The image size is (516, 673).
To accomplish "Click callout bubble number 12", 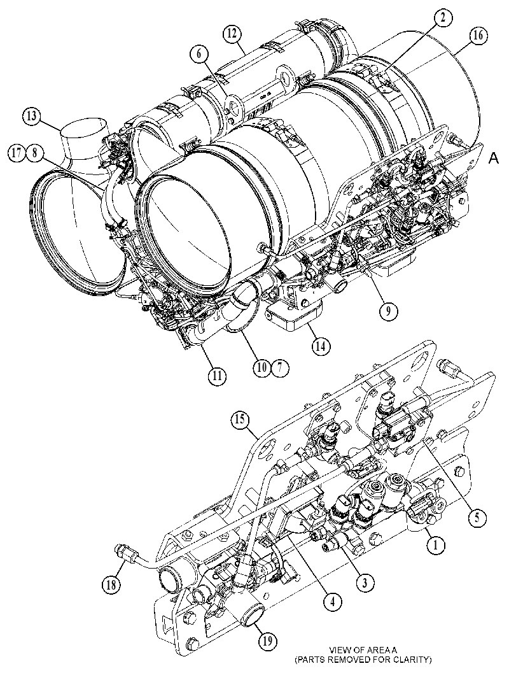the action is click(x=232, y=34).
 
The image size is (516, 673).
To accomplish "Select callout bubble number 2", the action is click(x=443, y=17).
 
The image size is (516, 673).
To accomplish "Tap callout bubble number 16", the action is click(x=478, y=36).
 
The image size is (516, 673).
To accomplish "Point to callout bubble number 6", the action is click(x=199, y=55).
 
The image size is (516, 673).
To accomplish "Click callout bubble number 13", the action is click(x=31, y=116).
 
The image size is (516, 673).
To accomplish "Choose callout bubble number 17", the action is click(x=17, y=153).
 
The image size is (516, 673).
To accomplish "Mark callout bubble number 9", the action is click(x=388, y=312).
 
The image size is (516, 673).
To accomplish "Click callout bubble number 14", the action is click(x=321, y=346).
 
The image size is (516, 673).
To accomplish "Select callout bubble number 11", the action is click(x=217, y=376).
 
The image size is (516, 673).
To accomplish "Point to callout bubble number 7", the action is click(x=280, y=367).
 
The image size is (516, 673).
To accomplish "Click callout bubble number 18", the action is click(x=111, y=584).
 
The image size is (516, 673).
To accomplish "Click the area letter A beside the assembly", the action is click(x=494, y=159).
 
